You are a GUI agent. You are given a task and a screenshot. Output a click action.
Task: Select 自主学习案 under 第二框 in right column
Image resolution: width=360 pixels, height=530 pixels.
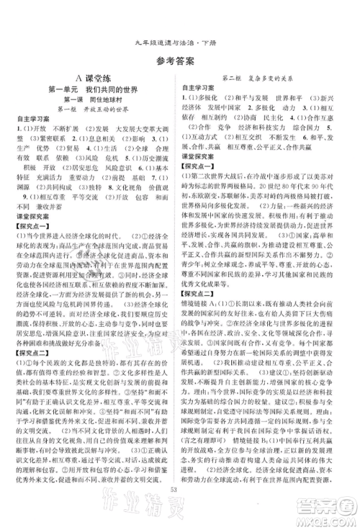(x=203, y=86)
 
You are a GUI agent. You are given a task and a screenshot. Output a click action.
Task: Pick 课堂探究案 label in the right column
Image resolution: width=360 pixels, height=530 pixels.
(x=203, y=175)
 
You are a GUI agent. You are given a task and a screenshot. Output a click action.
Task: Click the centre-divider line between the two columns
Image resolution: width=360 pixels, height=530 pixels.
(x=180, y=288)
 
